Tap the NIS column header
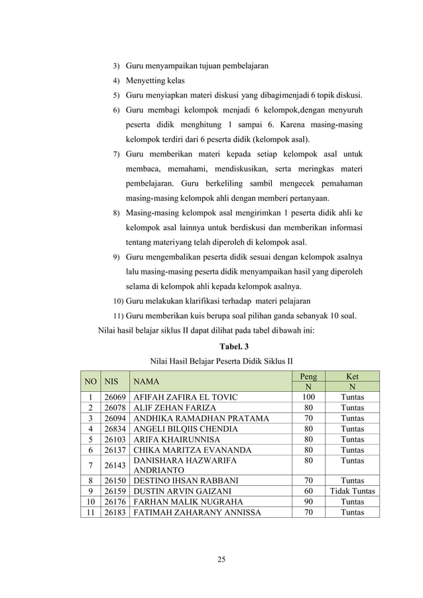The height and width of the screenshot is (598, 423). click(x=116, y=382)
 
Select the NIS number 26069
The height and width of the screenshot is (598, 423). click(x=116, y=397)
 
